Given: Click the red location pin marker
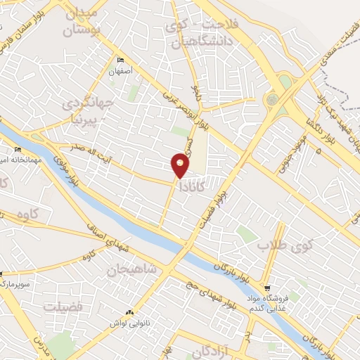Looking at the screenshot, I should pos(180,165).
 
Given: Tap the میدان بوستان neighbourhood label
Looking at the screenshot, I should pos(88,21).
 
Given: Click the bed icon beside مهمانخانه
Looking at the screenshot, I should pos(18,149).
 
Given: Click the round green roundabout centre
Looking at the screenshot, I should pos(272,100).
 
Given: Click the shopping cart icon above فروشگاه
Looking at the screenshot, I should pos(267,288).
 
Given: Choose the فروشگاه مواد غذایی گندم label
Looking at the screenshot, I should pos(282,302).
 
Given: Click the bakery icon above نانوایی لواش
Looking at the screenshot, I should pos(129,312).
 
